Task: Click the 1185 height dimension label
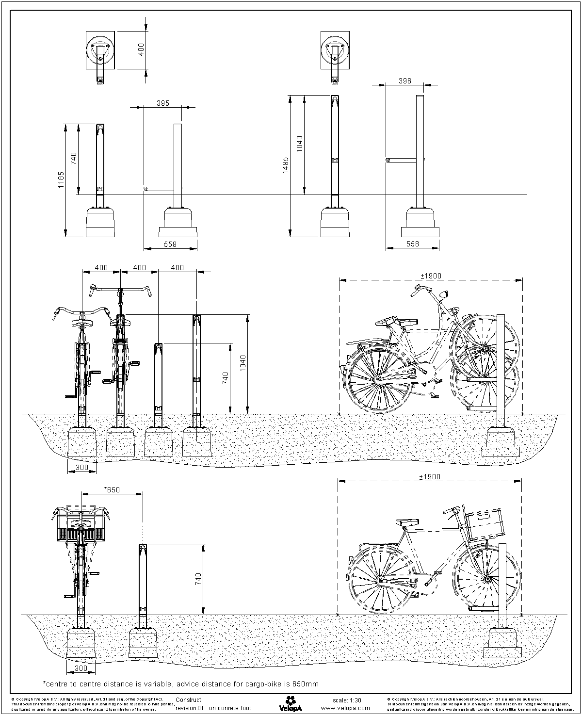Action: point(61,180)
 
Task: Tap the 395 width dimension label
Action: point(163,103)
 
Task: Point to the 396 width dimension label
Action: point(404,81)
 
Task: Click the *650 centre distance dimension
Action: point(112,490)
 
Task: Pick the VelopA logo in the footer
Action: point(291,702)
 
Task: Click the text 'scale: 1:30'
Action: point(347,700)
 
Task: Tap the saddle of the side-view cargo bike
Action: point(406,522)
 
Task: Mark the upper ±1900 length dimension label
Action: point(431,276)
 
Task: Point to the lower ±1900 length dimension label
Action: point(431,477)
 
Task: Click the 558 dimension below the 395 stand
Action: point(170,244)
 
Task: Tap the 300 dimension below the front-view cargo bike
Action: point(81,669)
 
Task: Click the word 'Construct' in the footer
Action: point(188,700)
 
